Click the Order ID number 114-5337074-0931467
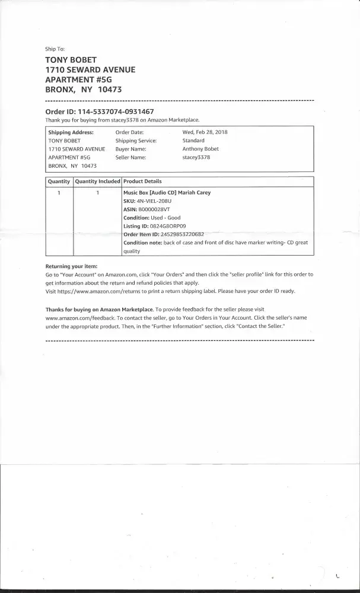pyautogui.click(x=116, y=111)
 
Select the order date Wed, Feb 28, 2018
pyautogui.click(x=206, y=132)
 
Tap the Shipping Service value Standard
pyautogui.click(x=193, y=141)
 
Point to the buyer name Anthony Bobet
pyautogui.click(x=200, y=149)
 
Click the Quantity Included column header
pyautogui.click(x=97, y=181)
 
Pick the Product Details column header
pyautogui.click(x=142, y=181)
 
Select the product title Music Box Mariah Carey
pyautogui.click(x=167, y=193)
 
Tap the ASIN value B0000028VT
pyautogui.click(x=154, y=209)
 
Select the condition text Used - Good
pyautogui.click(x=165, y=218)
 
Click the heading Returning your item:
pyautogui.click(x=71, y=266)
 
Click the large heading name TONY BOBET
pyautogui.click(x=71, y=60)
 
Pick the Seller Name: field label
pyautogui.click(x=130, y=157)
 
